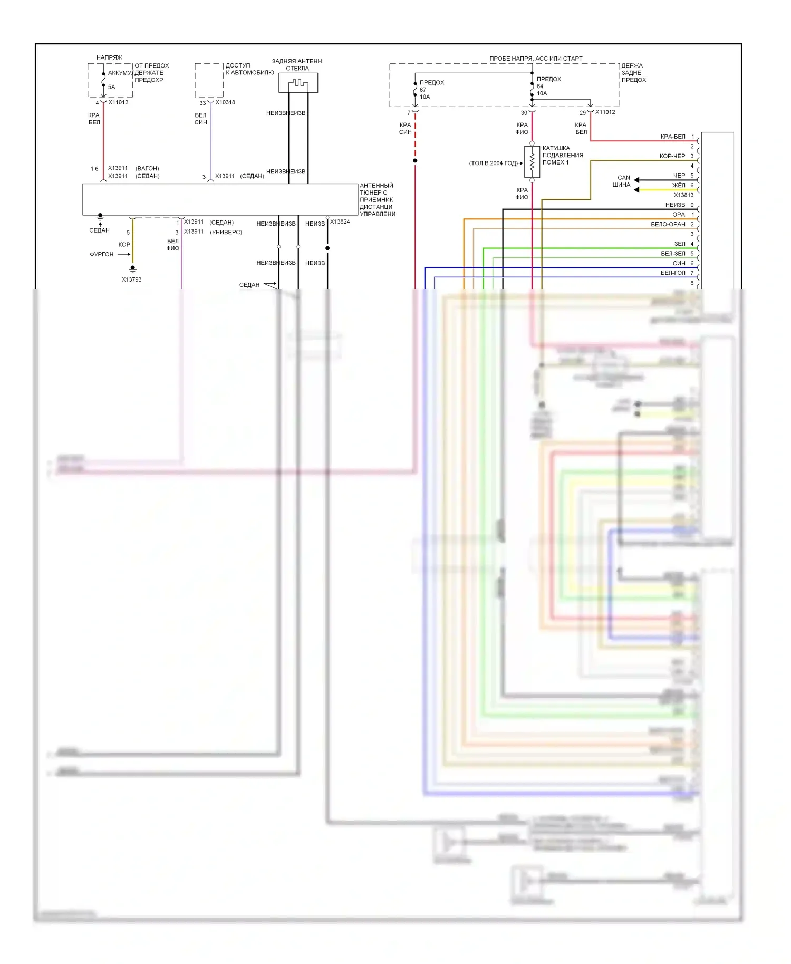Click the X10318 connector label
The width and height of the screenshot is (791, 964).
tap(225, 102)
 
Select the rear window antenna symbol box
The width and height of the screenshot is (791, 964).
tap(298, 83)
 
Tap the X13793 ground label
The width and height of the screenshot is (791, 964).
tap(132, 279)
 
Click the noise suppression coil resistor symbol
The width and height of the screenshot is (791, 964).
tap(532, 162)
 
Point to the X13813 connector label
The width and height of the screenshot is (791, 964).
tap(683, 195)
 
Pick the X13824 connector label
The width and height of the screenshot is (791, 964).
tap(340, 222)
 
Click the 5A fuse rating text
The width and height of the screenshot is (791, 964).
tap(111, 87)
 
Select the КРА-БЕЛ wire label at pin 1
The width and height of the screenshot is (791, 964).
tap(673, 137)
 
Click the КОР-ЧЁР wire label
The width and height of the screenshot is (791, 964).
tap(672, 156)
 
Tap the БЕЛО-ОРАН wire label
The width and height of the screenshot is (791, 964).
tap(668, 224)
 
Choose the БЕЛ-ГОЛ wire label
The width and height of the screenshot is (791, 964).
tap(673, 273)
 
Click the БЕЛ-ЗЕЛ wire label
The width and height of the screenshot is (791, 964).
tap(673, 254)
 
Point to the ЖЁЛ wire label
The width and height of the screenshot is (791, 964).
tap(679, 185)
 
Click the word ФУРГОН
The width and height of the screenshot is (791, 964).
tap(102, 254)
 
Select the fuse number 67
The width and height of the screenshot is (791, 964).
tap(423, 90)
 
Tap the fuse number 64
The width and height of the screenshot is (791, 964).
tap(540, 86)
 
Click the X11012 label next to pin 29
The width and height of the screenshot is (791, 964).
tap(605, 112)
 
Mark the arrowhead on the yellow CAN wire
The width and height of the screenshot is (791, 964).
tap(637, 190)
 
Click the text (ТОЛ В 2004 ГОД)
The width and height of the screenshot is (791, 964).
tap(493, 163)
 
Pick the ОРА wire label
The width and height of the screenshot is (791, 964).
tap(679, 215)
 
